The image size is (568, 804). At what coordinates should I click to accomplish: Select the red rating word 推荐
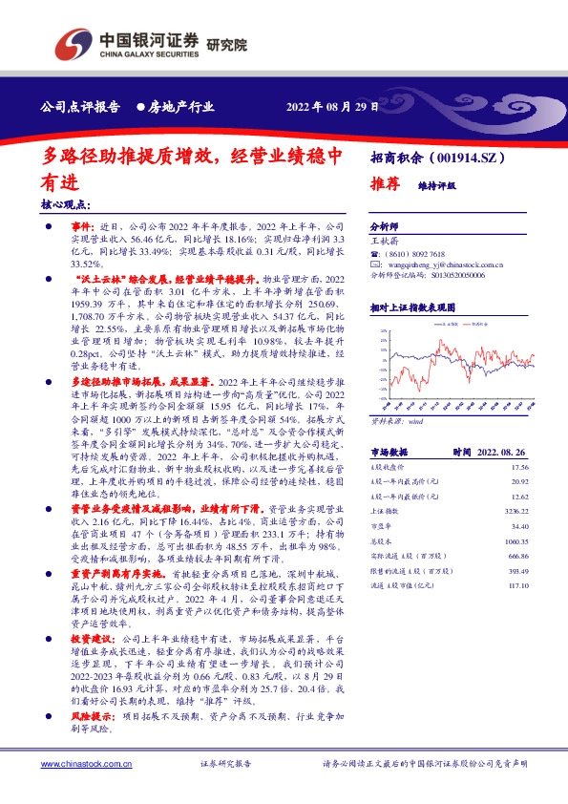coord(385,186)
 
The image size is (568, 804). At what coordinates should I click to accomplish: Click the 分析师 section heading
coord(384,228)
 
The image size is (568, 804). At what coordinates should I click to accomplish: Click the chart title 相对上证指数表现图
coord(411,308)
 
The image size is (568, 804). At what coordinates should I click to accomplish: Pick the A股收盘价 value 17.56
coord(519,468)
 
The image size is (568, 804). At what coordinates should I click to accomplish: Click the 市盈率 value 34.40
coord(519,526)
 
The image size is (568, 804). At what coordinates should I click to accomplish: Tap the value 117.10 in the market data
coord(517,584)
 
